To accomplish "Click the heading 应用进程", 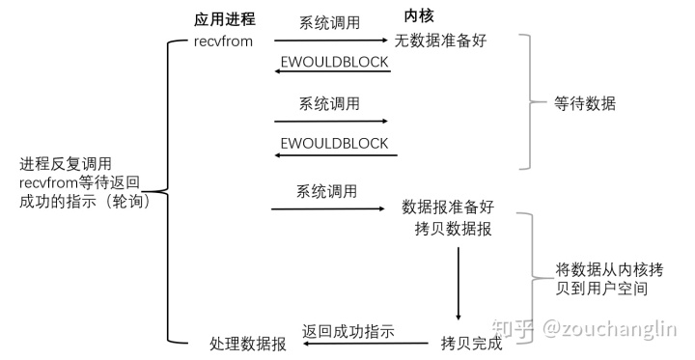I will (225, 18).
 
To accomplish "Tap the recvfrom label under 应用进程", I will (224, 42).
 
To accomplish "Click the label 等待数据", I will (585, 103).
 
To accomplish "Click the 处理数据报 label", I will (248, 344).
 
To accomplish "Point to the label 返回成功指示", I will (348, 330).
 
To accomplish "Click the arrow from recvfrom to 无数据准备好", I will (330, 41).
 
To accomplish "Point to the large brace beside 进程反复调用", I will (170, 191).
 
